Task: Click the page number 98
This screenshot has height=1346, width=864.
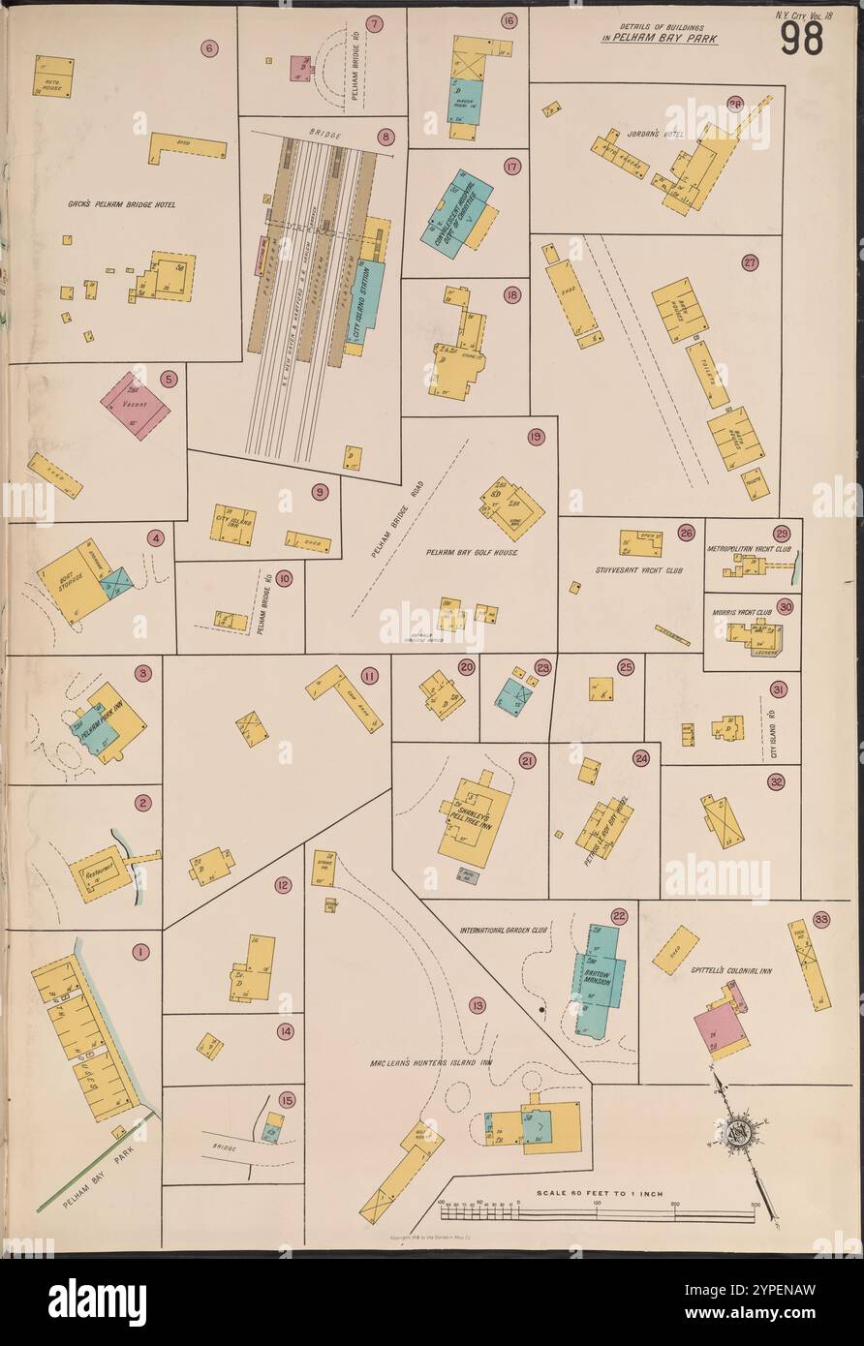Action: [800, 38]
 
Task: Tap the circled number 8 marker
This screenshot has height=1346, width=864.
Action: [386, 137]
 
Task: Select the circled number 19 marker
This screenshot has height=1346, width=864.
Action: [536, 438]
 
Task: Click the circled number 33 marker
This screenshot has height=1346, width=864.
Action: [821, 920]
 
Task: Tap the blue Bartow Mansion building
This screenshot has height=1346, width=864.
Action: [601, 978]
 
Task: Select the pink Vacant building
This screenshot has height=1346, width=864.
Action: [135, 406]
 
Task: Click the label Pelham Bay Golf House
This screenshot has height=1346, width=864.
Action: [472, 552]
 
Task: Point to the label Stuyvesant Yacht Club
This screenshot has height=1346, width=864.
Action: [639, 570]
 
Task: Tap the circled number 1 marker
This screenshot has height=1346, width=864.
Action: [141, 952]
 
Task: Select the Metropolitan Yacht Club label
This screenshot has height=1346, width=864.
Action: [750, 549]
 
